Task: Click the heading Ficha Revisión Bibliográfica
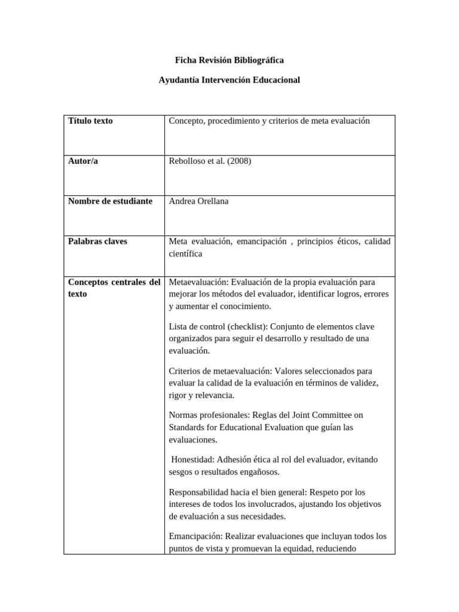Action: click(229, 60)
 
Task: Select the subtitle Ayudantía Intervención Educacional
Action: click(229, 79)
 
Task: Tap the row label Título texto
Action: click(90, 121)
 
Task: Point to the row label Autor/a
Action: click(83, 161)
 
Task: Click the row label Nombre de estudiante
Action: click(110, 201)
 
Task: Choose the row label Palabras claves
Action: click(97, 241)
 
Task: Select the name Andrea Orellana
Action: click(198, 201)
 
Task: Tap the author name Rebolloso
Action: click(188, 161)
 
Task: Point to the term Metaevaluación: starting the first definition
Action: click(198, 281)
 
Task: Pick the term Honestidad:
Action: click(193, 460)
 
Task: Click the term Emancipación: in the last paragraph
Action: click(196, 536)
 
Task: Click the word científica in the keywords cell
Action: click(185, 253)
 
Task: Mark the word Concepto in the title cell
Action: click(186, 121)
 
